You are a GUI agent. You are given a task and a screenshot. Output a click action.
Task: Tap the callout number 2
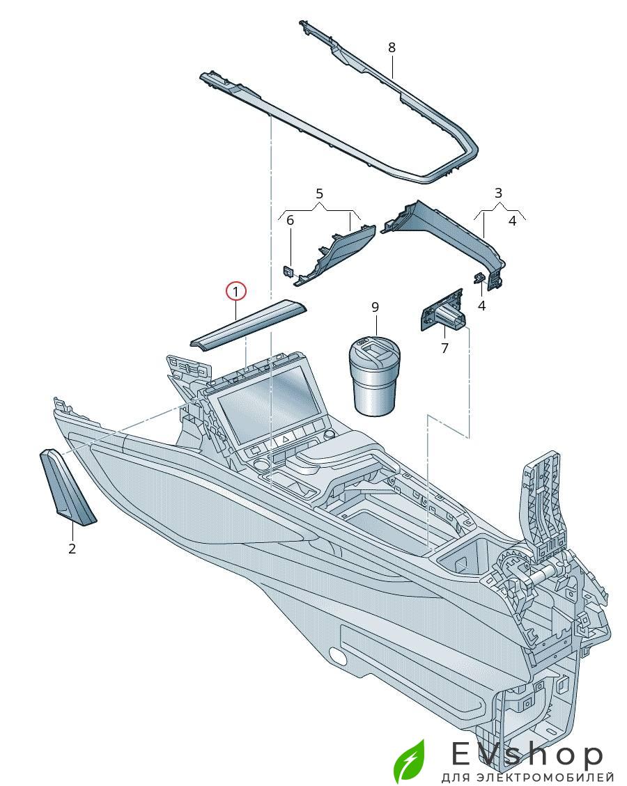[72, 549]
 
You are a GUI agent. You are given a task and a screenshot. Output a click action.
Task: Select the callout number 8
[392, 47]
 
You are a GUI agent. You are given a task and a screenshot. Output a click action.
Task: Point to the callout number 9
[375, 307]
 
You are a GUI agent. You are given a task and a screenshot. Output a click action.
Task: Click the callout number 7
[445, 348]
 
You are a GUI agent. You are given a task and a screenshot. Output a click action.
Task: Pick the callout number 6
[291, 220]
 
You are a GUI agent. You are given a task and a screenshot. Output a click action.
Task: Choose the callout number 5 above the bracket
[320, 192]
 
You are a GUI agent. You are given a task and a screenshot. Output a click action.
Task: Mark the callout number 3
[498, 192]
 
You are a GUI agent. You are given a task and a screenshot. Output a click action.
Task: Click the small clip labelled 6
[288, 269]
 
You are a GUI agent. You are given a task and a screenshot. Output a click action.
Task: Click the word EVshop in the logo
[527, 755]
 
